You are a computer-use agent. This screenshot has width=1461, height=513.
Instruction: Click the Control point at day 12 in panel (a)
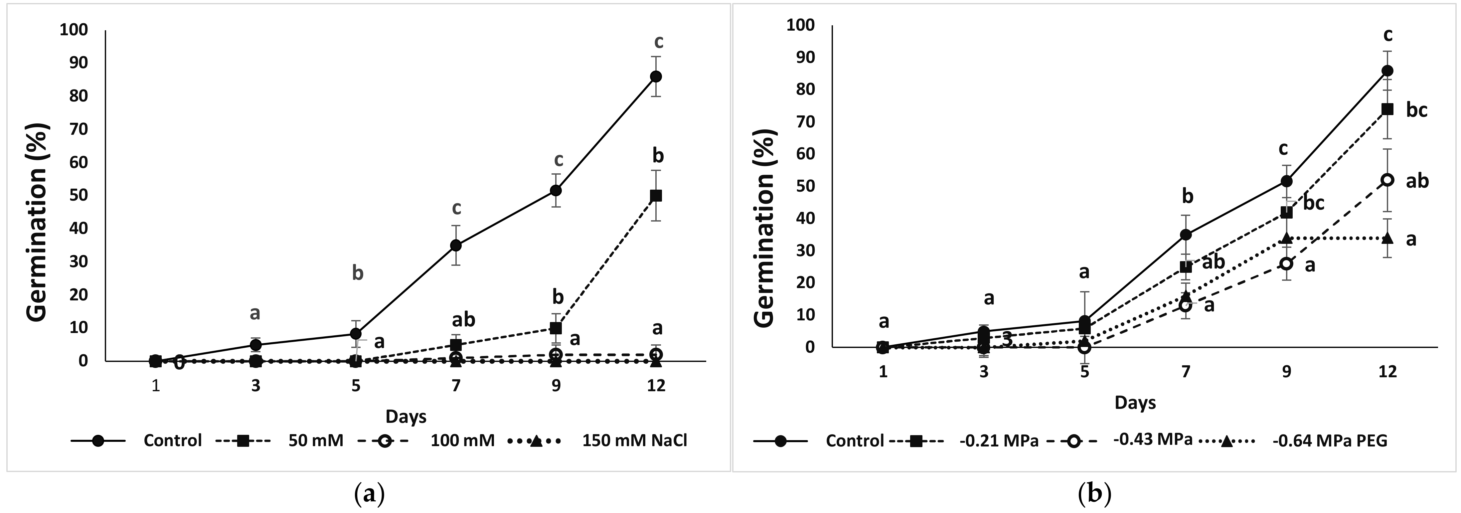656,77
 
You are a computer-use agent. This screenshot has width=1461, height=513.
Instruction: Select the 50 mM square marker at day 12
656,196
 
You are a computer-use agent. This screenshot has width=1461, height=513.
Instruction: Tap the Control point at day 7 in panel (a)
456,245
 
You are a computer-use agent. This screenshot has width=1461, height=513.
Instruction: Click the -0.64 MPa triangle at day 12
1387,238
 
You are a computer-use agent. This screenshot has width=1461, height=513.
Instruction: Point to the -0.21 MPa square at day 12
1387,109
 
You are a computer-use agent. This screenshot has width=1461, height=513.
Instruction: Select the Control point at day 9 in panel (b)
1286,181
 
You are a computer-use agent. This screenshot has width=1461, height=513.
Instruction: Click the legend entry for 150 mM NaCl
634,440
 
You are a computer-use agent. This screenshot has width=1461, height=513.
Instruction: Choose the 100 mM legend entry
462,440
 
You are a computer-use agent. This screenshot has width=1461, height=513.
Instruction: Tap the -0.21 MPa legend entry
999,440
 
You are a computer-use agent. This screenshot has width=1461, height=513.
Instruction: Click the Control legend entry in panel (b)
854,440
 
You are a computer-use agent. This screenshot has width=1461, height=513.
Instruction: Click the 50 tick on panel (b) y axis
804,186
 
